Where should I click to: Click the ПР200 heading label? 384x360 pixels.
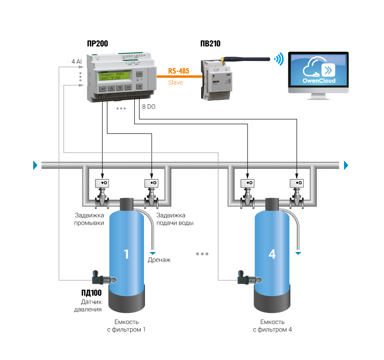(97, 43)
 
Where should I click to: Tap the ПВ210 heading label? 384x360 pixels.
(210, 43)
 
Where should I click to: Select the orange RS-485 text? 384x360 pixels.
(179, 71)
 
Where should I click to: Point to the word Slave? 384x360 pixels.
(175, 82)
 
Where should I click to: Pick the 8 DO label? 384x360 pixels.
(149, 106)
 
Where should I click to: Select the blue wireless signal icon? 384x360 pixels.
(278, 59)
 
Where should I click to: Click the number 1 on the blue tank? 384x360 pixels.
(127, 254)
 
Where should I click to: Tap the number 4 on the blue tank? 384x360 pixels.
(272, 254)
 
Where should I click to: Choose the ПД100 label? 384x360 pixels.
(91, 293)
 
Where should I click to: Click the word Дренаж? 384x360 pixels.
(159, 260)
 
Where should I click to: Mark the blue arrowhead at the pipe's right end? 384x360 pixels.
(347, 166)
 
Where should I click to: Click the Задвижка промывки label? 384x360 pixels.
(89, 219)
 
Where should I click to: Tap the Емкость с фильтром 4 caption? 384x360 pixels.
(272, 325)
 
